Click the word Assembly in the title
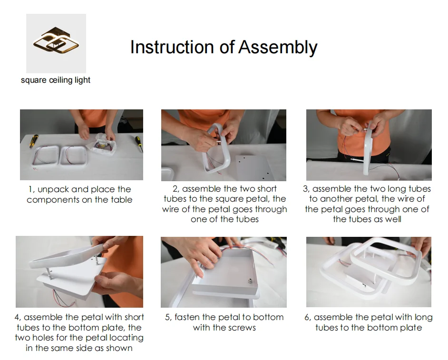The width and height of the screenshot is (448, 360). point(278,47)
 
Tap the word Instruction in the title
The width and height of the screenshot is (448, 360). point(172,47)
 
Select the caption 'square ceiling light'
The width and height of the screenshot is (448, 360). point(56,80)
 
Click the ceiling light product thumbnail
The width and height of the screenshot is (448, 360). point(56,43)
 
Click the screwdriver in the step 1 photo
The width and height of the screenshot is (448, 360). point(139,144)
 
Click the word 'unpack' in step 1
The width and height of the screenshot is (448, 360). point(53,189)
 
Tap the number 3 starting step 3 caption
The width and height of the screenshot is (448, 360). point(306,189)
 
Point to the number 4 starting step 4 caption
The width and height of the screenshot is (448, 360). point(18,317)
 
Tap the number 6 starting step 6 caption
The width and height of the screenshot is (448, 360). point(307,317)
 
